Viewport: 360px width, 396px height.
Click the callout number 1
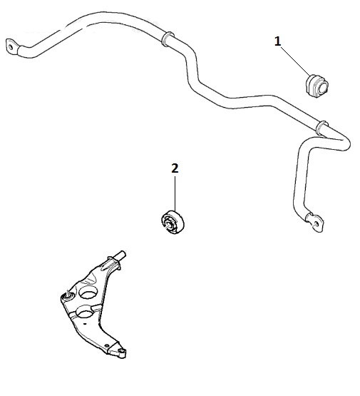tap(277, 41)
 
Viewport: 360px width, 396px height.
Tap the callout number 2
tap(175, 168)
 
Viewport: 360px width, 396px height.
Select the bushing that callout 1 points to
tap(316, 86)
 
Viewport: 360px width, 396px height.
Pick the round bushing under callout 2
tap(173, 222)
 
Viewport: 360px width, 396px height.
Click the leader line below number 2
tap(175, 193)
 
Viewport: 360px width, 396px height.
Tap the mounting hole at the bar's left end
tap(11, 47)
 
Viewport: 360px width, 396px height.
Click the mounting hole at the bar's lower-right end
tap(316, 223)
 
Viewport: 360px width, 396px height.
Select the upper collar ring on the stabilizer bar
tap(168, 39)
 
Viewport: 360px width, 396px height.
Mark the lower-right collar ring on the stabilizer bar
tap(322, 128)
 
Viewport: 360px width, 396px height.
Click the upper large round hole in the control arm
tap(88, 293)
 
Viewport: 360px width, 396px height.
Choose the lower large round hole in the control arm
tap(84, 312)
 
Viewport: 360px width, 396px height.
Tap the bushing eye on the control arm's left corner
tap(67, 295)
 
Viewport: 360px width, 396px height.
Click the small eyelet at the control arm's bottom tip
tap(123, 351)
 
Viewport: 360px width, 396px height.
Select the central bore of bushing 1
tap(322, 87)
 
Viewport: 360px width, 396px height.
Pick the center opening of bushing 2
tap(168, 224)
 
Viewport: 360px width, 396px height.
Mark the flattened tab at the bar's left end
tap(12, 47)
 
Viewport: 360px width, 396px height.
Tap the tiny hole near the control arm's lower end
tap(106, 345)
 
